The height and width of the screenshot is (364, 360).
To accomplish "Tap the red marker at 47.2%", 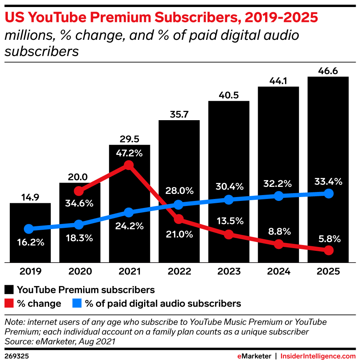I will (x=128, y=165).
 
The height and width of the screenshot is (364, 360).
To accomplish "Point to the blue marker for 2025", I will (x=329, y=194).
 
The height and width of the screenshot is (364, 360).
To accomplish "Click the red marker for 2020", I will (x=79, y=191).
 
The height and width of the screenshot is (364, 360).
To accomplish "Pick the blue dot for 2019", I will (x=29, y=229).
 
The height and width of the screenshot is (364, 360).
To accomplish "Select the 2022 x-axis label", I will (x=178, y=272).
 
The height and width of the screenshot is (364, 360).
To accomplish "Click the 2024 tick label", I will (x=278, y=272).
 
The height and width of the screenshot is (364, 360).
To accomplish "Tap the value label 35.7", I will (x=179, y=114).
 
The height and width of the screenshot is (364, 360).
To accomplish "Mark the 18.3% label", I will (x=79, y=238).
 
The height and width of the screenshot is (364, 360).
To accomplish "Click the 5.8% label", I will (x=329, y=238).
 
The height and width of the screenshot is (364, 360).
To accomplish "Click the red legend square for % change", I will (x=9, y=304).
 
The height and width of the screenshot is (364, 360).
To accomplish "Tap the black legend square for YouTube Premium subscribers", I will (x=9, y=290).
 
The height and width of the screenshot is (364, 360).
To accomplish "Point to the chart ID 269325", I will (x=17, y=356).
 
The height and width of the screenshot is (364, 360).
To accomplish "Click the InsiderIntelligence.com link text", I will (x=318, y=356).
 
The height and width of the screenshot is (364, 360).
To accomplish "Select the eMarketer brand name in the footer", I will (x=254, y=356).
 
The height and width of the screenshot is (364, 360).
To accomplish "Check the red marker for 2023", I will (x=229, y=234).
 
